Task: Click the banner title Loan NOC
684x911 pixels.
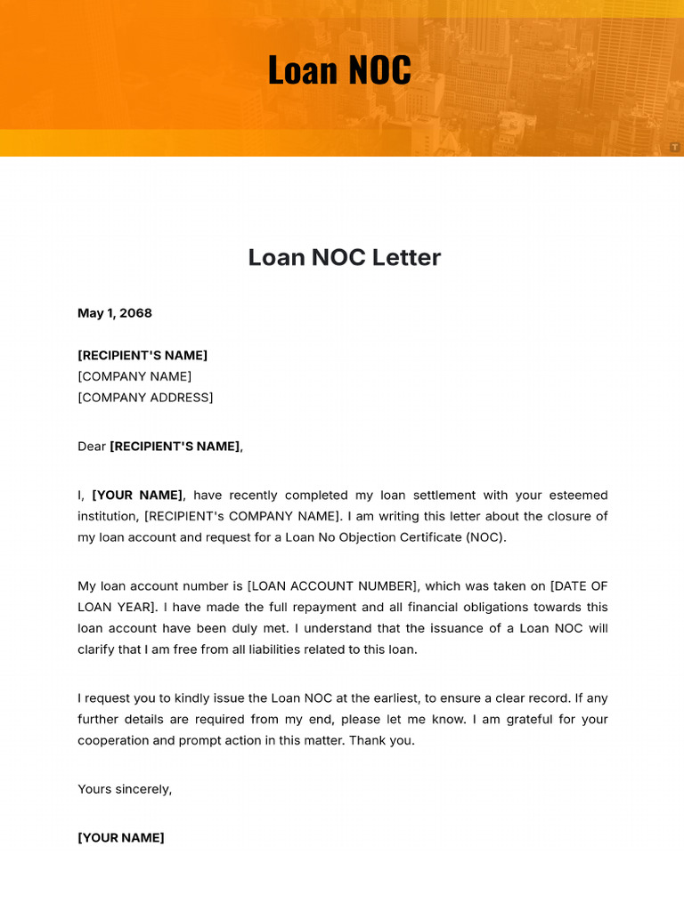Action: pyautogui.click(x=339, y=70)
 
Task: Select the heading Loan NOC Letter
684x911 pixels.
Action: pyautogui.click(x=344, y=257)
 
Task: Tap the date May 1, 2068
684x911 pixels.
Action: pyautogui.click(x=115, y=313)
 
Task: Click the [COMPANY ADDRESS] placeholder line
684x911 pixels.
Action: pyautogui.click(x=145, y=398)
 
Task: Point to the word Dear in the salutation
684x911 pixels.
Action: pyautogui.click(x=92, y=447)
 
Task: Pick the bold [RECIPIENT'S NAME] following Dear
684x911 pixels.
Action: pyautogui.click(x=175, y=447)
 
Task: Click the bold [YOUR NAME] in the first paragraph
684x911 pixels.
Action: pyautogui.click(x=137, y=496)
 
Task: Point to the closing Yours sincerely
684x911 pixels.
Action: pyautogui.click(x=125, y=789)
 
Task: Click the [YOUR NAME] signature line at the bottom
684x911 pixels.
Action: pyautogui.click(x=121, y=838)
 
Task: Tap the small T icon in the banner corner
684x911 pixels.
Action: pyautogui.click(x=675, y=147)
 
